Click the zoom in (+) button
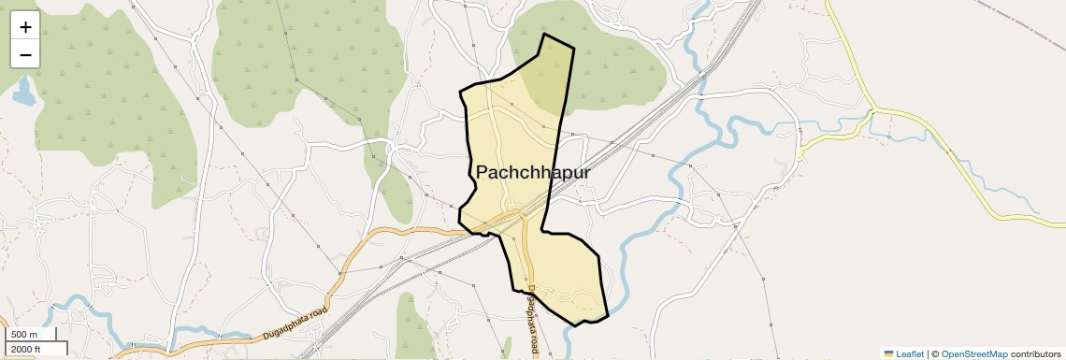pos(25,27)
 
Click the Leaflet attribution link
pos(910,353)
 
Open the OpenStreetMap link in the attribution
pos(974,353)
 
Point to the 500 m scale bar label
pos(25,335)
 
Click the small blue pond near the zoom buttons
pos(23,91)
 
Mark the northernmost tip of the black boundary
pos(545,35)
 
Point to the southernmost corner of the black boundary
pos(574,325)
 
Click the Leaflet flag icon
pos(888,353)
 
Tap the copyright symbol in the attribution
pos(934,353)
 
